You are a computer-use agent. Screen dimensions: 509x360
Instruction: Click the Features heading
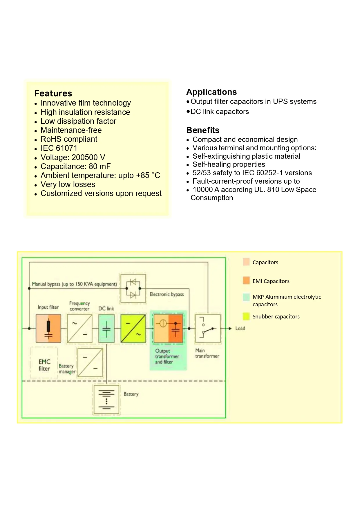tap(53, 93)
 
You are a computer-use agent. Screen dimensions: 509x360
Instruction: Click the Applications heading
tap(211, 92)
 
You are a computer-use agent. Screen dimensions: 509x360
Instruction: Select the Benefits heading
tap(202, 130)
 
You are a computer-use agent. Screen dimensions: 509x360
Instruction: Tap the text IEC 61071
tap(59, 148)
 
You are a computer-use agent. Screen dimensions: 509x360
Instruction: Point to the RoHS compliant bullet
tap(69, 139)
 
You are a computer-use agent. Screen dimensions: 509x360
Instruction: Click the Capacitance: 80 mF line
tap(75, 166)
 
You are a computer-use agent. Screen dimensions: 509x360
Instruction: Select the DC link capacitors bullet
tap(219, 112)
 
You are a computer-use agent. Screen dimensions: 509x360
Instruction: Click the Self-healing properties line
tap(229, 164)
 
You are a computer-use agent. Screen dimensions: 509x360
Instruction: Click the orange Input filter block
tap(48, 328)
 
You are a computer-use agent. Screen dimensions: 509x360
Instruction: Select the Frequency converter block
tap(79, 328)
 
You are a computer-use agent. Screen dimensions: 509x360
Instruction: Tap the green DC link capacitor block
tap(106, 328)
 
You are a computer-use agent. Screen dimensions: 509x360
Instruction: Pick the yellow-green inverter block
tap(133, 328)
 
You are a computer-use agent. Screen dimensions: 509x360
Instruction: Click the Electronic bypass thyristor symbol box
tap(133, 289)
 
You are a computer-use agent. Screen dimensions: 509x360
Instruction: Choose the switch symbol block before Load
tap(207, 328)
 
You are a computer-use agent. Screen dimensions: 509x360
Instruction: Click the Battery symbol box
tap(106, 400)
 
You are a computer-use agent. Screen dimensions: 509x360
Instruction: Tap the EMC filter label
tap(44, 365)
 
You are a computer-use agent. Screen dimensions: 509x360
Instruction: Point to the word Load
tap(240, 328)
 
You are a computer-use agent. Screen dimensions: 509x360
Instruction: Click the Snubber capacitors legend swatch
tap(246, 316)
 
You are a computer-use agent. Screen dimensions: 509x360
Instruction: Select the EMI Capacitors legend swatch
tap(246, 281)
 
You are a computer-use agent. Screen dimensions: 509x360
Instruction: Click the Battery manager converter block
tap(90, 363)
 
